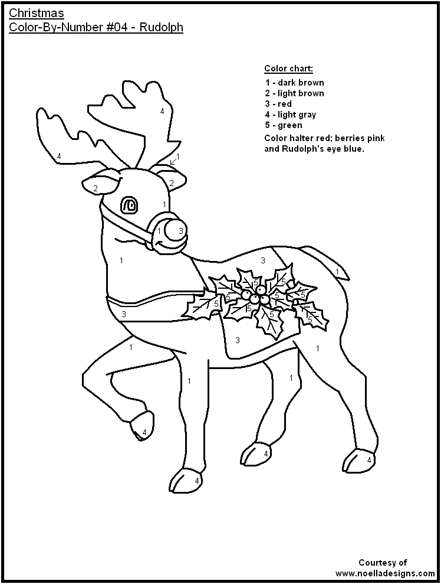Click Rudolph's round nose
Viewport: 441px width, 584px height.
tap(175, 230)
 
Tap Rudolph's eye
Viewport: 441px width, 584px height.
tap(129, 205)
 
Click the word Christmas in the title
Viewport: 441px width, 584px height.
tap(37, 13)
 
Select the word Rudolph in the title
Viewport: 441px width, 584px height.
tap(163, 28)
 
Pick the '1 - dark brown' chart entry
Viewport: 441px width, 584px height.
tap(294, 83)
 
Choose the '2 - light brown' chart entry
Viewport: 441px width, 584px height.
tap(294, 93)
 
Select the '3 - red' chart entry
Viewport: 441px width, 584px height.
tap(279, 104)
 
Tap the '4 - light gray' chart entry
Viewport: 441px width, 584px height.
tap(291, 115)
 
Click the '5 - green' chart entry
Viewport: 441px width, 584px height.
tap(284, 125)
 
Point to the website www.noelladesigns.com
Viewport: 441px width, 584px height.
tap(386, 573)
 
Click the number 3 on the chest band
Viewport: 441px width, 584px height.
tap(124, 314)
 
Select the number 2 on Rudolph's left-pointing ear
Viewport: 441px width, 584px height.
tap(95, 188)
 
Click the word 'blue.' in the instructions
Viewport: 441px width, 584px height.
tap(354, 149)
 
